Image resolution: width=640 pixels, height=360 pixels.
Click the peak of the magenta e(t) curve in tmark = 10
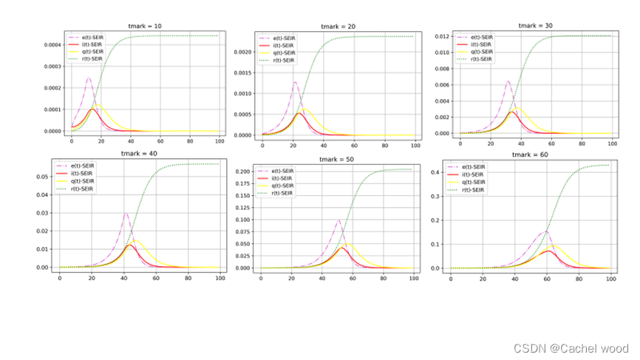coord(89,77)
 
